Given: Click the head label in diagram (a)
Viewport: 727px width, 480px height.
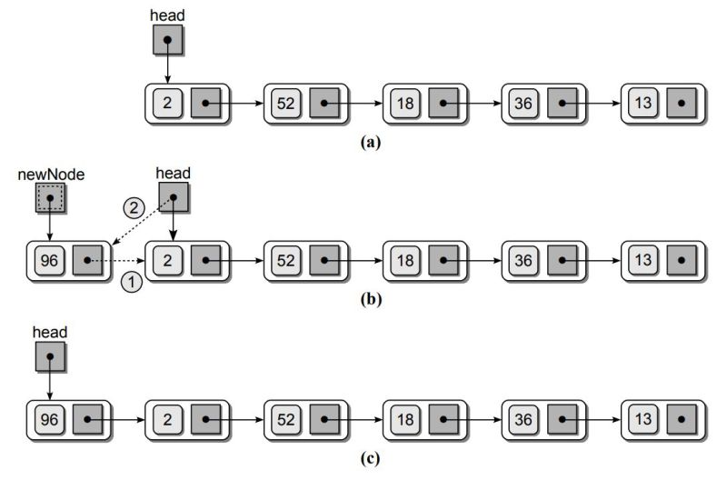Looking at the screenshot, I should (167, 15).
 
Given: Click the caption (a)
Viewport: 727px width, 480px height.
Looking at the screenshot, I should (370, 142).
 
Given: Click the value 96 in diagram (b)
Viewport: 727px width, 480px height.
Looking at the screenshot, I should (50, 260).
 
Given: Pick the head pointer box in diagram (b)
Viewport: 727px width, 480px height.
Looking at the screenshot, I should (173, 195).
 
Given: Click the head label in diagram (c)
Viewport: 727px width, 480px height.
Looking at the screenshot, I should (49, 334).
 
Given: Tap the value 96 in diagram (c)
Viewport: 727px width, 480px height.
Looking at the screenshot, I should (50, 420).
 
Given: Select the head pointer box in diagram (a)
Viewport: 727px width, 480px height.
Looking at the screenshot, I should (167, 39).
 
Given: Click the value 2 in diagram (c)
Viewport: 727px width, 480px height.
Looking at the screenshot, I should (167, 420).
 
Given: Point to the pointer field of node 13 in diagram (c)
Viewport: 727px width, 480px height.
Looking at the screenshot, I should (681, 420).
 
